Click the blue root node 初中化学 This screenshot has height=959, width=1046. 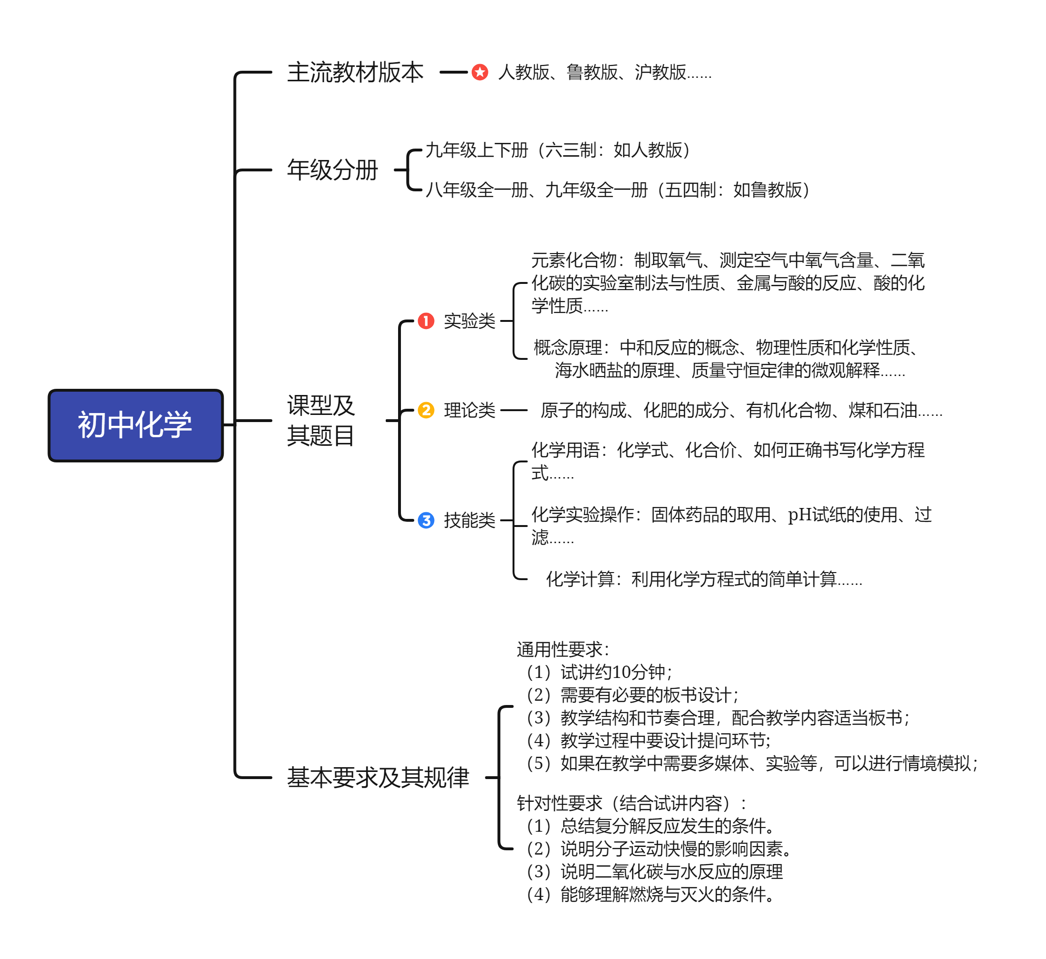(135, 425)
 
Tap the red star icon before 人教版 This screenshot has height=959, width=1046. (480, 72)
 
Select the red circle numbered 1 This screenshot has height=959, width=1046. (426, 321)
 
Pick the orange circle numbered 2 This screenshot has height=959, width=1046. (426, 410)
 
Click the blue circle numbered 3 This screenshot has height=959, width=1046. (426, 520)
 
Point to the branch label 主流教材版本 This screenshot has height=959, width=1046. (356, 72)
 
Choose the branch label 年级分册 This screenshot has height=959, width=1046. (332, 169)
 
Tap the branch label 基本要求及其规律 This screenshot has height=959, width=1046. (378, 777)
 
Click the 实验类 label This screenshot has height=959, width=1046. (469, 321)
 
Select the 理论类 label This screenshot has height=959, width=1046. (469, 410)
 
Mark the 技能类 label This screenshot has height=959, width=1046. (469, 520)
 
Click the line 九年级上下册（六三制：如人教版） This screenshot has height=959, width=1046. (558, 150)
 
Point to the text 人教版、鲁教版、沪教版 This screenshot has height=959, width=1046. (604, 72)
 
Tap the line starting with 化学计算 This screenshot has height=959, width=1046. (704, 579)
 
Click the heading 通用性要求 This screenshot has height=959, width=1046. (563, 649)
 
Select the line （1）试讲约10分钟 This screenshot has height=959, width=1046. (599, 672)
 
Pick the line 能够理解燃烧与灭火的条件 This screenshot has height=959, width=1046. (650, 894)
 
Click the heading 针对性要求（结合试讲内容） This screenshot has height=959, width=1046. (631, 803)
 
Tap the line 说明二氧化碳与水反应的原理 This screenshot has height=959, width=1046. (654, 871)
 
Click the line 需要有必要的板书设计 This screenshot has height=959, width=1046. (632, 695)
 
